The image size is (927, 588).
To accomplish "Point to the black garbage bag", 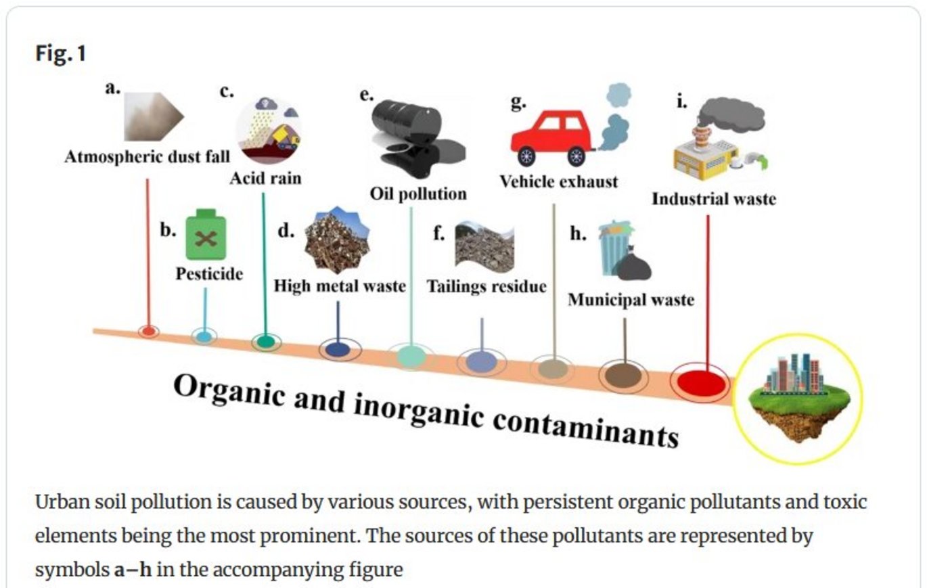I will (634, 265).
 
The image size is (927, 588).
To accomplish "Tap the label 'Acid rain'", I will (265, 179).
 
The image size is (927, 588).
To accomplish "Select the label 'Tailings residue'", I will (486, 286).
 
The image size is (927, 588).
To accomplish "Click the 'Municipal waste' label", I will (631, 299).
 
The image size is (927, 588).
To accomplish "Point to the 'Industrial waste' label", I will (714, 199).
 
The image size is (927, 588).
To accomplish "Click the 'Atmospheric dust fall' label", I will (148, 157).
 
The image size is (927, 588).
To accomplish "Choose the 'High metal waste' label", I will (340, 286).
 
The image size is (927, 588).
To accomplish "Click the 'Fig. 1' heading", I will (61, 54).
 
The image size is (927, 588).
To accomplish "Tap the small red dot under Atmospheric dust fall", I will (148, 331).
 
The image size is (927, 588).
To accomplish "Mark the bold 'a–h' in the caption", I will (132, 570).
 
